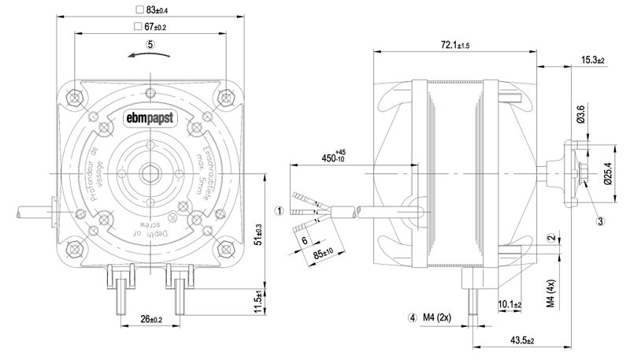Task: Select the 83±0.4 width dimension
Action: click(156, 10)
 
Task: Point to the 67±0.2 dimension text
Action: click(155, 28)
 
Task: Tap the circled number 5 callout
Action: click(150, 45)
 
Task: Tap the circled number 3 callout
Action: click(600, 221)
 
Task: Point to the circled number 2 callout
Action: click(551, 238)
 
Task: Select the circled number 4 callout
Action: click(412, 318)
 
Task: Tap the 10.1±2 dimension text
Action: click(510, 304)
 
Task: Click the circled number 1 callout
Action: click(279, 210)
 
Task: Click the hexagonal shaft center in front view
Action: click(149, 172)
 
